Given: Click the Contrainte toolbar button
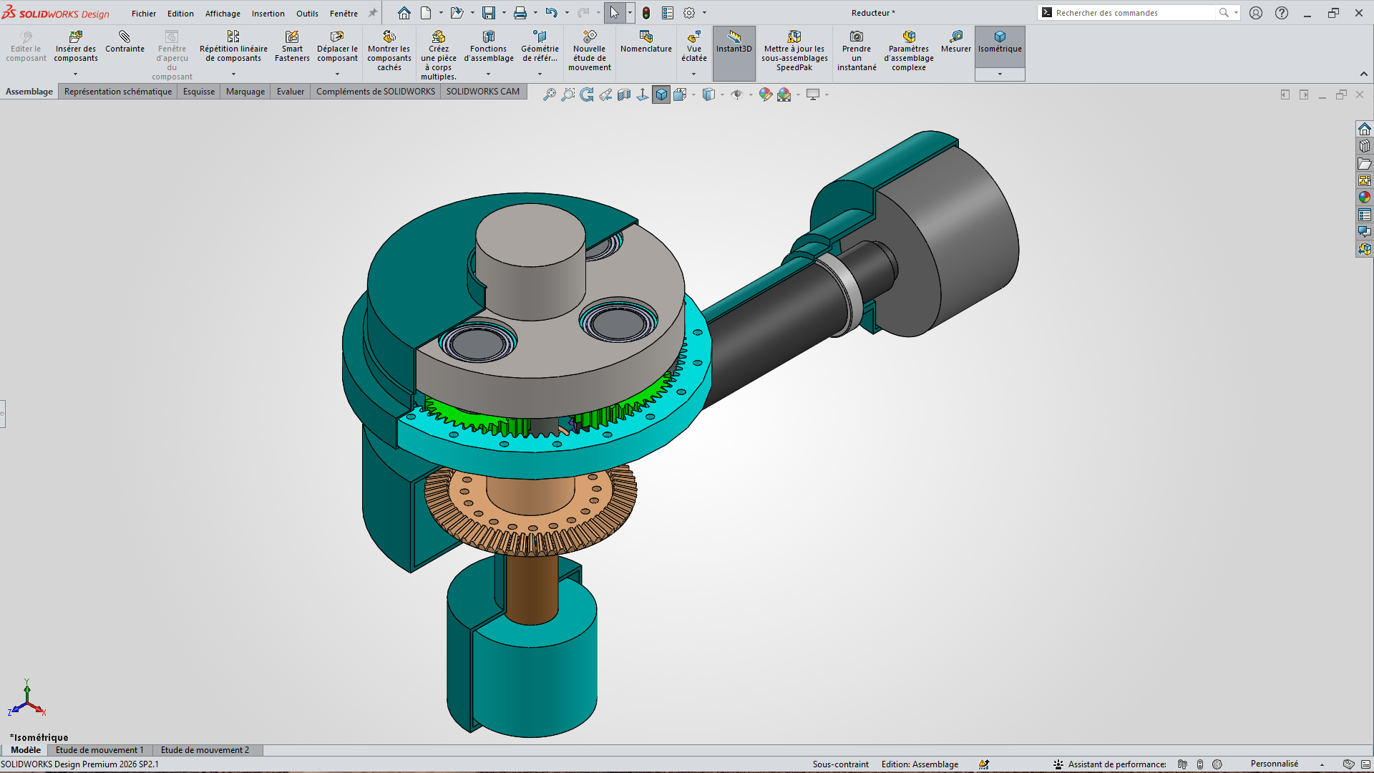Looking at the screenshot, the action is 125,42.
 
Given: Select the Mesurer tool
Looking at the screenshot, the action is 955,42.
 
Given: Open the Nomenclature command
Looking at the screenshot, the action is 645,42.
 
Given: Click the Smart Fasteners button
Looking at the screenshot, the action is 292,47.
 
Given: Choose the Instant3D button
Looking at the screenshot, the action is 734,42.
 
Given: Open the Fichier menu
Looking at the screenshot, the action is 144,14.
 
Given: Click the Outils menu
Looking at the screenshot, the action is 307,14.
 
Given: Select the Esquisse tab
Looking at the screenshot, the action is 199,92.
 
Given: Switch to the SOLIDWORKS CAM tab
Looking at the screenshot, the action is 483,92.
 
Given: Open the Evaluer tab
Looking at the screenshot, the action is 291,92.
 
